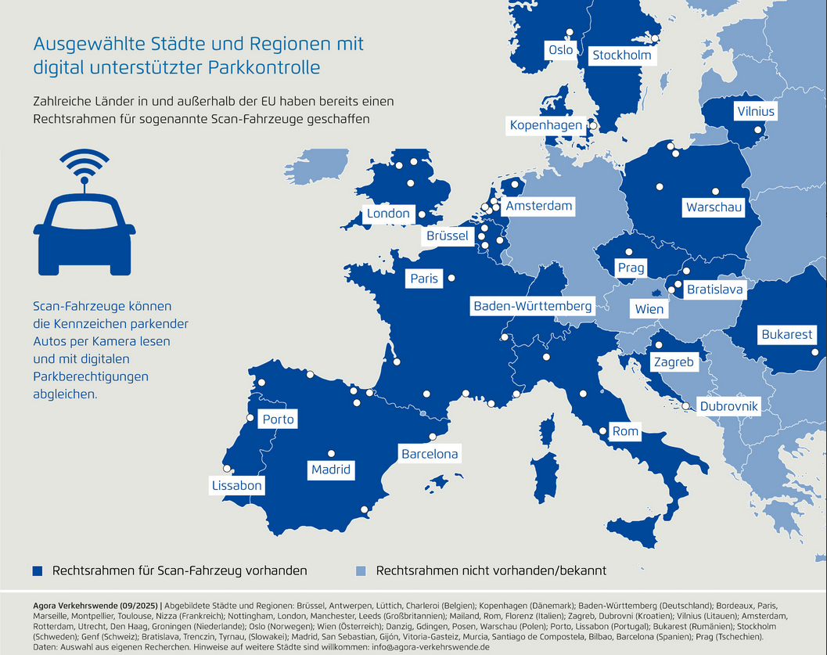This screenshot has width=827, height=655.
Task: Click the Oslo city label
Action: click(x=561, y=50)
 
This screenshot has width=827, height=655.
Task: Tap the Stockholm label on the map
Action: click(x=621, y=56)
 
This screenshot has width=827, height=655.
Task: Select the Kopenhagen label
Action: click(x=546, y=125)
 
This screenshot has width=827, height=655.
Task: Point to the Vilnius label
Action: click(x=755, y=111)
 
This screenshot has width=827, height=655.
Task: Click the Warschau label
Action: click(x=713, y=207)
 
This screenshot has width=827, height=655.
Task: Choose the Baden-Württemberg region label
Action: click(x=532, y=306)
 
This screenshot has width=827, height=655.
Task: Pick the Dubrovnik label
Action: click(x=728, y=406)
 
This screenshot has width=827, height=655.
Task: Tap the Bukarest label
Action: click(x=786, y=335)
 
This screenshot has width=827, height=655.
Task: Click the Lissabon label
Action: click(x=236, y=486)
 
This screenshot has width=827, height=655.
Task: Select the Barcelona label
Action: click(x=430, y=454)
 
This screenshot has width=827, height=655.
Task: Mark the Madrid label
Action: click(x=330, y=470)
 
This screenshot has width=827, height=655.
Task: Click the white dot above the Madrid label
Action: click(x=331, y=453)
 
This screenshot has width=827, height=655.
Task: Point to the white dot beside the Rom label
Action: click(x=602, y=431)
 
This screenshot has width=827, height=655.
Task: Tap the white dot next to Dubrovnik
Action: click(x=686, y=406)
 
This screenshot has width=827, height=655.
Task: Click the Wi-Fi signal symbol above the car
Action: click(x=84, y=165)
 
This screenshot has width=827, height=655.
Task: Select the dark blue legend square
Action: click(x=38, y=570)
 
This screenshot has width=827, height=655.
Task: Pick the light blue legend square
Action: click(x=361, y=570)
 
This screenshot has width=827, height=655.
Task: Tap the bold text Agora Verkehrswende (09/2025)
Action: click(x=96, y=606)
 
